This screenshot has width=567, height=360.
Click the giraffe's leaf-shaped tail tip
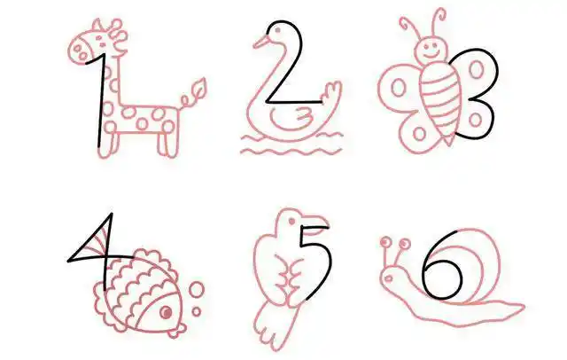(x=198, y=88)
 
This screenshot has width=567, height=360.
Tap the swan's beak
(x=260, y=42)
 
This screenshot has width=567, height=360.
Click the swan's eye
(x=277, y=31)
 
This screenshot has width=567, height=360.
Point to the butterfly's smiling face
(x=430, y=49)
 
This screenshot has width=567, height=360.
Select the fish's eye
(x=166, y=312)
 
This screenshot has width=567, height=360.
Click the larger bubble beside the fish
(x=197, y=291)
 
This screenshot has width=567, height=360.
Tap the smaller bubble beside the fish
(x=197, y=312)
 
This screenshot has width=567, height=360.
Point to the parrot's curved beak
(x=315, y=223)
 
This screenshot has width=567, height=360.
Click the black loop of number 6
(x=443, y=279)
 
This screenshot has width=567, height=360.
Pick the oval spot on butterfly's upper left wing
(x=398, y=87)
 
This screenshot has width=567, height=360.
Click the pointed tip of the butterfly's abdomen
(x=449, y=141)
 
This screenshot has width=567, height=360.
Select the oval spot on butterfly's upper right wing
(x=477, y=69)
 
